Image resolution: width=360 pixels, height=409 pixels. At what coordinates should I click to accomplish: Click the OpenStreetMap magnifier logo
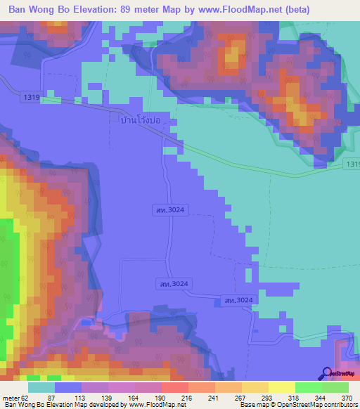[x=326, y=373]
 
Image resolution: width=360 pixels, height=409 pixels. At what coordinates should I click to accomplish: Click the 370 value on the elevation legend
[x=346, y=398]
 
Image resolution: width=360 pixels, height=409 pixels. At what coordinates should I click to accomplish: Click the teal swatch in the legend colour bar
[x=41, y=387]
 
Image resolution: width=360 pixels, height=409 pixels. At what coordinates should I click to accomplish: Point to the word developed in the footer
[x=103, y=405]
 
